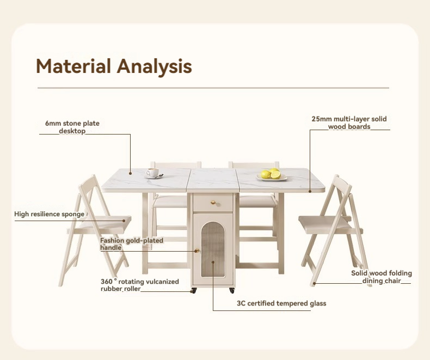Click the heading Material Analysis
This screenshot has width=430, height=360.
tap(114, 66)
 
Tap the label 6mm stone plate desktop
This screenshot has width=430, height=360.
tap(72, 127)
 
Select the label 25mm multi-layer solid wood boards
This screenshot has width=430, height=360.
tap(349, 123)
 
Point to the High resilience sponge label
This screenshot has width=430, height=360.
tap(50, 214)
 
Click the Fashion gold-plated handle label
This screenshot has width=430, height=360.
tap(131, 243)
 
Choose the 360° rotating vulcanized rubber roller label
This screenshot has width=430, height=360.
tap(139, 285)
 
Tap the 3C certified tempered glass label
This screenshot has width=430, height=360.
tap(281, 303)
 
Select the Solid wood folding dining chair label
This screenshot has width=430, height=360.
tap(381, 277)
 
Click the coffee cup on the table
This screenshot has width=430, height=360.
tap(153, 173)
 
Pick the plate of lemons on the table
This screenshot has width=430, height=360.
tap(272, 175)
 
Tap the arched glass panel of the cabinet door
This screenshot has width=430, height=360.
tap(213, 253)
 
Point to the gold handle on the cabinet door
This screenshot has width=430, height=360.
tap(196, 251)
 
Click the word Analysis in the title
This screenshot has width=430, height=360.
tap(155, 66)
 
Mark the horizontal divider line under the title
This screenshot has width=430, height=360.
tap(213, 88)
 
